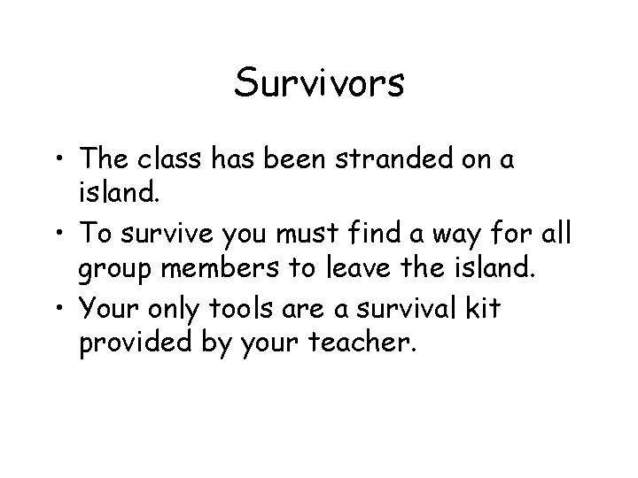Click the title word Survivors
[x=319, y=84]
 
